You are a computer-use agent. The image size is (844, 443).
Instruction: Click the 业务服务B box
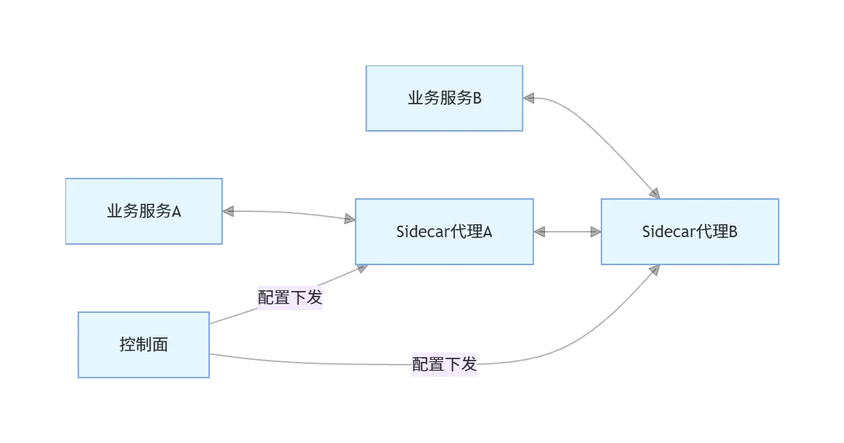(x=444, y=98)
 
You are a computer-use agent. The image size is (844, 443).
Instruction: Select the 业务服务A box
(x=144, y=211)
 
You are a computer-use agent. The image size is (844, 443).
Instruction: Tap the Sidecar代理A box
(x=444, y=232)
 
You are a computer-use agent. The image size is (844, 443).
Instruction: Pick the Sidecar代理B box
(x=689, y=232)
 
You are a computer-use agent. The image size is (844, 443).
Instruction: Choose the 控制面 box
(x=143, y=345)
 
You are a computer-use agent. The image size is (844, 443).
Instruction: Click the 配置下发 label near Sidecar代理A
(x=290, y=298)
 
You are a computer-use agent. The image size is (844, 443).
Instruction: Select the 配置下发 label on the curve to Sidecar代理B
(x=444, y=364)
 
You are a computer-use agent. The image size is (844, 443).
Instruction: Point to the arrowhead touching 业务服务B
(x=529, y=98)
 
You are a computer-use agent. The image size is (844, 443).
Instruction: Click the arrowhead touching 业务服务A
(x=228, y=211)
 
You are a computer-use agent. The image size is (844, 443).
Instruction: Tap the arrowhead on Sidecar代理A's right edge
(x=540, y=232)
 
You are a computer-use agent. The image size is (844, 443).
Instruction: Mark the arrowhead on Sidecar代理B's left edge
(x=595, y=232)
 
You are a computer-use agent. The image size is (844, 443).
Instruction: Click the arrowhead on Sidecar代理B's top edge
(x=655, y=194)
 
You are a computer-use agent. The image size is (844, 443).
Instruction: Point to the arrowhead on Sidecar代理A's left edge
(x=349, y=219)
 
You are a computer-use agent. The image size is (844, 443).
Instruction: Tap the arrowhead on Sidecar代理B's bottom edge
(x=655, y=270)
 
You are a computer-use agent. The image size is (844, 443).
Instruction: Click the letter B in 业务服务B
(x=477, y=98)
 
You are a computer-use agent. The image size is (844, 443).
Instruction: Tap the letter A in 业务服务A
(x=176, y=211)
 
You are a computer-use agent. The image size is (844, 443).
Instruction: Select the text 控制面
(x=143, y=345)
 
